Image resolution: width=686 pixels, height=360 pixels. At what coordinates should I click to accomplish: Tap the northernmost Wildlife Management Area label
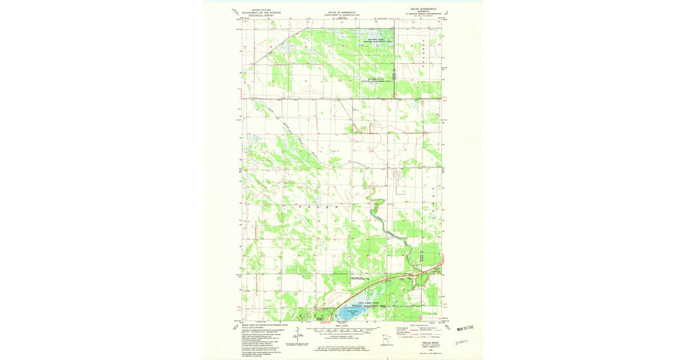pyautogui.click(x=379, y=41)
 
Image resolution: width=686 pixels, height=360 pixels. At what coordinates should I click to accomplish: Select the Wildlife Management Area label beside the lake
pyautogui.click(x=372, y=304)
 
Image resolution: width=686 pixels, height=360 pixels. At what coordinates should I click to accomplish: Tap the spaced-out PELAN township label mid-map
pyautogui.click(x=320, y=205)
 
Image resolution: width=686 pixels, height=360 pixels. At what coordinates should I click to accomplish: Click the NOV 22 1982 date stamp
pyautogui.click(x=467, y=328)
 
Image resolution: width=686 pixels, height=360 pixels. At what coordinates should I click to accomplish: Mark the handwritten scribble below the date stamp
pyautogui.click(x=461, y=341)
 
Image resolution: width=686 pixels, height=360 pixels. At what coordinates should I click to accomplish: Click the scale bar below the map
pyautogui.click(x=342, y=330)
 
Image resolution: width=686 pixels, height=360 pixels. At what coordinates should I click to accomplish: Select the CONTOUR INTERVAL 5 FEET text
pyautogui.click(x=342, y=336)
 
